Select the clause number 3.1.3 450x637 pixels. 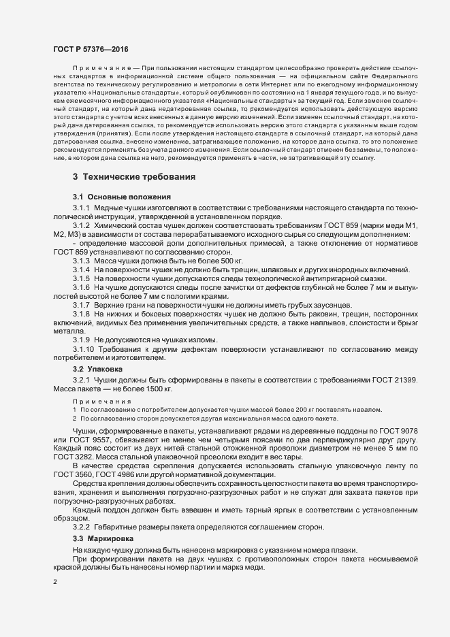[82, 261]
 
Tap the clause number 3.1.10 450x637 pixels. [84, 349]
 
